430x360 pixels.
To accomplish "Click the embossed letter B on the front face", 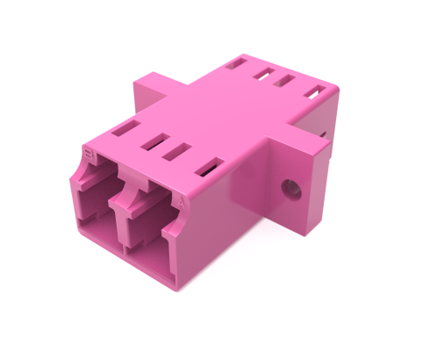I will (88, 155).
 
